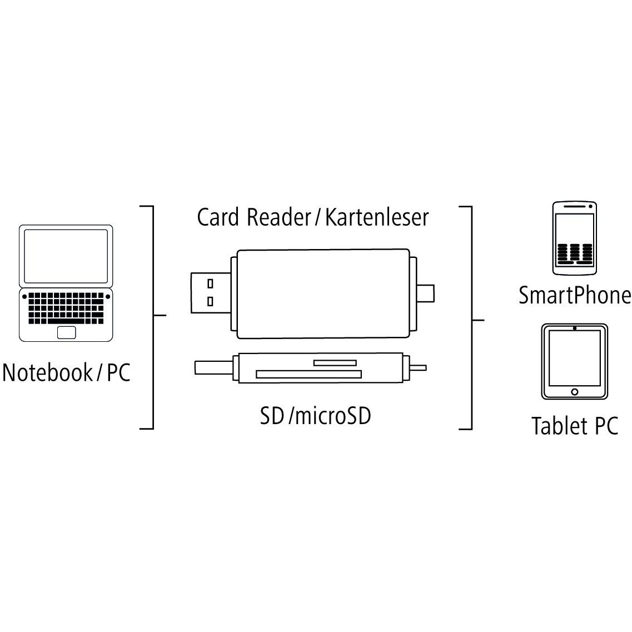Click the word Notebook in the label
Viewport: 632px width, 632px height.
coord(48,372)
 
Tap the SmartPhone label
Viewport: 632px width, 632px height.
coord(575,295)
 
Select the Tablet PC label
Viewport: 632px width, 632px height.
coord(575,426)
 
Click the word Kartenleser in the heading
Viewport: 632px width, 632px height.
coord(377,217)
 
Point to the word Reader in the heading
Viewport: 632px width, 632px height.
coord(278,217)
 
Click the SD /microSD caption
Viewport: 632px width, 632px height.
coord(315,416)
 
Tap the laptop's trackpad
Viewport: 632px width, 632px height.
coord(67,332)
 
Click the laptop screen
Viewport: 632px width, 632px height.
coord(66,256)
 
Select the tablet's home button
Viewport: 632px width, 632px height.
coord(574,392)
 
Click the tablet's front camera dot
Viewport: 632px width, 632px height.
coord(574,328)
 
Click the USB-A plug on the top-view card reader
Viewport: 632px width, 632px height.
coord(211,293)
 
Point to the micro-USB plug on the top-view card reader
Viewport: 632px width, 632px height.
coord(425,293)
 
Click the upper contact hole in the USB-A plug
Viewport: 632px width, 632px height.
coord(210,283)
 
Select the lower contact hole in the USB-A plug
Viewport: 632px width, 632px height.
coord(210,301)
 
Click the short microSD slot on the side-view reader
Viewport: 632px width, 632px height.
coord(335,363)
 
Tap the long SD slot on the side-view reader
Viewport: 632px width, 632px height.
coord(308,375)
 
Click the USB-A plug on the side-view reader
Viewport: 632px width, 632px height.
coord(213,367)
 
